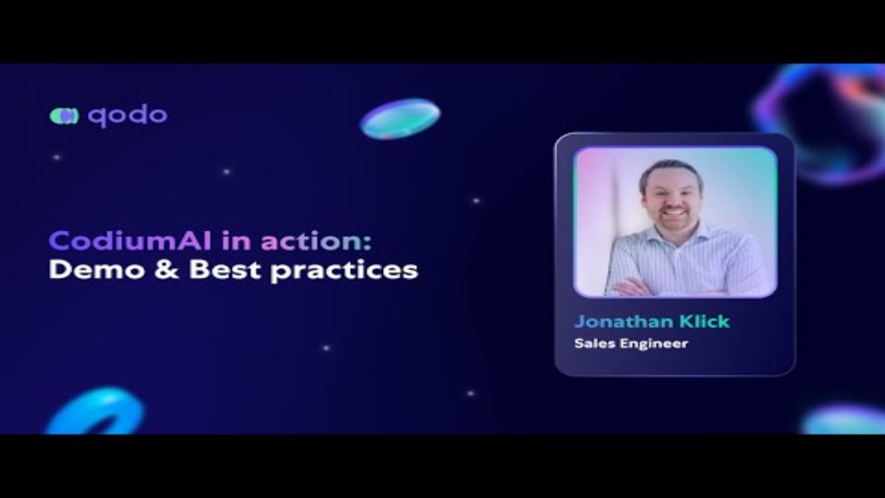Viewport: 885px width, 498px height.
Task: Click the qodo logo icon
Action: tap(64, 116)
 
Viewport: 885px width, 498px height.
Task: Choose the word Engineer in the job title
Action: tap(654, 344)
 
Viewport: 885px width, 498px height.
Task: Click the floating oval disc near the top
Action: tap(400, 118)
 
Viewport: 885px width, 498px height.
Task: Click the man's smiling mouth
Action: tap(673, 211)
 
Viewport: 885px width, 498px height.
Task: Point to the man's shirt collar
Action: tap(676, 234)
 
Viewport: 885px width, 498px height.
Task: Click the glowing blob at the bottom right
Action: tap(844, 420)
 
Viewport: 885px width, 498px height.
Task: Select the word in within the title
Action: tap(236, 241)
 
